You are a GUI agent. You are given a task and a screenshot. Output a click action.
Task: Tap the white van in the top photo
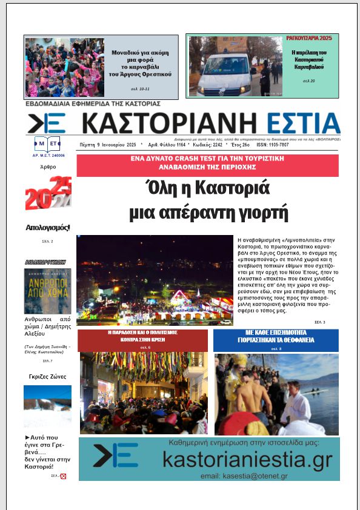click(228, 76)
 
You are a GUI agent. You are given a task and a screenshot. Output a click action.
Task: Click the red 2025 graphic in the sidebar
click(48, 194)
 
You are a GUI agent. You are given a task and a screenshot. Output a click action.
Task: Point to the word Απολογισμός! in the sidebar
click(48, 228)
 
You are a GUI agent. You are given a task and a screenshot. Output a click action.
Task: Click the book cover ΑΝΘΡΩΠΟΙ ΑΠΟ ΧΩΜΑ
click(47, 291)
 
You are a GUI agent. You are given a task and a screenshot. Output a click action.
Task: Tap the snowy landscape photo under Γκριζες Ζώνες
click(47, 406)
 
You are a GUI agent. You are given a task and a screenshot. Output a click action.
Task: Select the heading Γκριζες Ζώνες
click(47, 377)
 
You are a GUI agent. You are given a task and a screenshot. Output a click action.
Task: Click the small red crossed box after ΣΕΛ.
click(63, 477)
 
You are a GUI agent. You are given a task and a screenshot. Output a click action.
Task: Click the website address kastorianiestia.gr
click(247, 460)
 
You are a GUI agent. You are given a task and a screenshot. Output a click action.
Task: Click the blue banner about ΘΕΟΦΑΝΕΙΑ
click(276, 340)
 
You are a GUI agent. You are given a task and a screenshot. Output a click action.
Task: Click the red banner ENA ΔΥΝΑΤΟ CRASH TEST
click(207, 164)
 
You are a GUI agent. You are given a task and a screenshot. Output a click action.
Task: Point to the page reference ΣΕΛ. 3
click(319, 322)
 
